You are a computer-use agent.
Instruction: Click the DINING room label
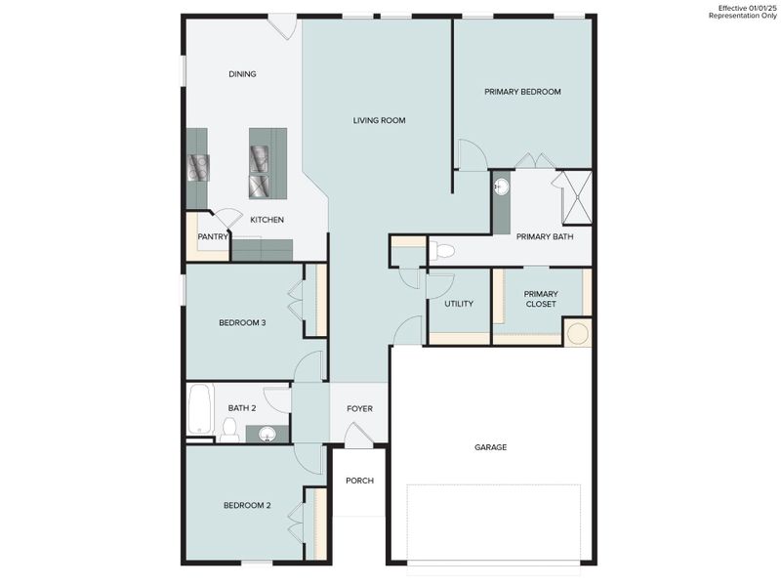[242, 74]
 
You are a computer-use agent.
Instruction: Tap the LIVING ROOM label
[379, 120]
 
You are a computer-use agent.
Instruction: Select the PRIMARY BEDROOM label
[522, 92]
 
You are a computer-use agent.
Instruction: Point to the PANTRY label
[213, 236]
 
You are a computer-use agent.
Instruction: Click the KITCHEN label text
[267, 220]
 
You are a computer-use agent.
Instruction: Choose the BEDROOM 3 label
[242, 322]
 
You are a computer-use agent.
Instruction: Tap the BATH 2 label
[241, 408]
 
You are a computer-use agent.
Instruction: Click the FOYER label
[359, 408]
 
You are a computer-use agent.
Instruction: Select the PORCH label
[359, 481]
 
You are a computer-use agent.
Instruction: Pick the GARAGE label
[490, 447]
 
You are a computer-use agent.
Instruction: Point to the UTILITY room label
[459, 304]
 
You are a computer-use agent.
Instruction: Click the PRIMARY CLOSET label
[540, 299]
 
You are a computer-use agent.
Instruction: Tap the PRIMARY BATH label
[545, 236]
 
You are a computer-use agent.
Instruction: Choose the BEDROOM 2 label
[246, 505]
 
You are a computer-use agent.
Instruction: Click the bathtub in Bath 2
[200, 408]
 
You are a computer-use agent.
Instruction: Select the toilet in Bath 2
[229, 429]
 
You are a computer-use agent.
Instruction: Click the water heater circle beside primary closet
[578, 333]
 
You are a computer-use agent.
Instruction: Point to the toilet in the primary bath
[443, 251]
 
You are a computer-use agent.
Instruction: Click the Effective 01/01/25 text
[747, 8]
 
